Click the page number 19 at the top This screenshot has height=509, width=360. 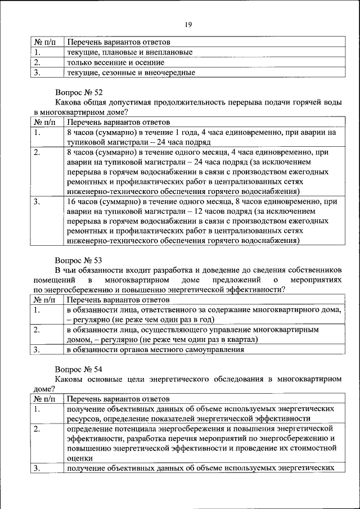pyautogui.click(x=188, y=24)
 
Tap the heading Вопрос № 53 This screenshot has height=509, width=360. pyautogui.click(x=78, y=260)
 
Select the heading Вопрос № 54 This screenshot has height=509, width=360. pyautogui.click(x=78, y=369)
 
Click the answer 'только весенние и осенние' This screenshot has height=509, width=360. pyautogui.click(x=115, y=62)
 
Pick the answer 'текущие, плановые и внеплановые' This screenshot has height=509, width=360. pyautogui.click(x=129, y=52)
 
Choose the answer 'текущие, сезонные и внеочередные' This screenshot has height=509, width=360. pyautogui.click(x=130, y=73)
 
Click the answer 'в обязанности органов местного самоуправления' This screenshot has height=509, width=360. pyautogui.click(x=155, y=350)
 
